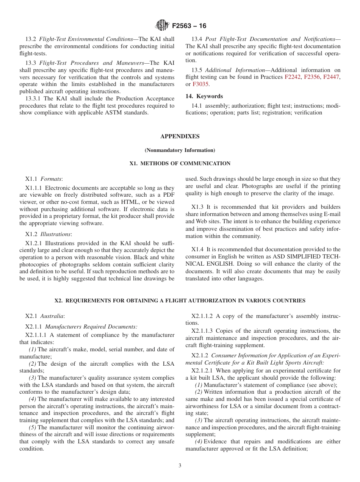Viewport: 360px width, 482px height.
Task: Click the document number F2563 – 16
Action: pos(189,26)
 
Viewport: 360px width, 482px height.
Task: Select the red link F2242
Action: pos(292,77)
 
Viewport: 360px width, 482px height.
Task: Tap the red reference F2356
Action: pos(312,77)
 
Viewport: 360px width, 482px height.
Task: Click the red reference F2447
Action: pos(331,77)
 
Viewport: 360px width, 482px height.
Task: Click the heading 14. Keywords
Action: pos(204,96)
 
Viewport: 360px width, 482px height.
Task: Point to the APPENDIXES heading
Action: pos(180,136)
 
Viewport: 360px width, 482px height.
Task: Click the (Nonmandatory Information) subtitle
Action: pos(180,150)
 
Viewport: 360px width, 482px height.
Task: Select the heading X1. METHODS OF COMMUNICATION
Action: pos(180,164)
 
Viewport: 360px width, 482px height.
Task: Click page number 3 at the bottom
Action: pos(180,466)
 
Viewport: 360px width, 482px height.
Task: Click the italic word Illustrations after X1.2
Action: pos(55,234)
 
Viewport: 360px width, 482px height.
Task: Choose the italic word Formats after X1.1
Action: pos(52,178)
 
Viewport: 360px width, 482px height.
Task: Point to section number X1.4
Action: pos(197,249)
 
